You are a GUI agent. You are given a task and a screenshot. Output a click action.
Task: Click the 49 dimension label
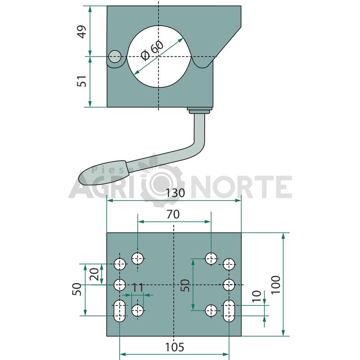pos(82,31)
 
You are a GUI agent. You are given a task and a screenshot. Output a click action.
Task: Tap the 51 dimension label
pos(82,81)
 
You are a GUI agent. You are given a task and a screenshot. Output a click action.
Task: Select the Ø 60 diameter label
pos(152,51)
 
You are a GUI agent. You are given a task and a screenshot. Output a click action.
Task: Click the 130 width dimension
pos(175,193)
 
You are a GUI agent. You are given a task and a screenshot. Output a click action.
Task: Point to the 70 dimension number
pos(173,215)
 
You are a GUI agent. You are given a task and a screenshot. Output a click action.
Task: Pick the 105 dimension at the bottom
pos(175,347)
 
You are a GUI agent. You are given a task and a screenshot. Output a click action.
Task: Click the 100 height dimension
pos(276,284)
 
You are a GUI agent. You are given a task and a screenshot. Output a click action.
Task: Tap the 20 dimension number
pos(94,274)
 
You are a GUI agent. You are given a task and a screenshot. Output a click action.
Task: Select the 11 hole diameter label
pos(138,288)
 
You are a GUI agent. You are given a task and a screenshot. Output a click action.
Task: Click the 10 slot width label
pos(256,296)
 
